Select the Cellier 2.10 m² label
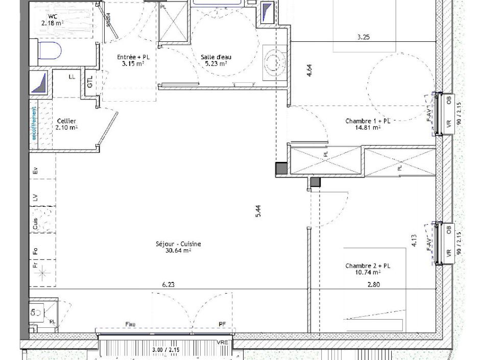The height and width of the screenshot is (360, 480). [x=66, y=124]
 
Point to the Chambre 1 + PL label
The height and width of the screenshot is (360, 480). [x=368, y=124]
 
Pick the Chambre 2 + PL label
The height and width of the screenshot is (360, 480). [x=368, y=269]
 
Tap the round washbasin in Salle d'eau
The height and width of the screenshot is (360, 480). [x=276, y=62]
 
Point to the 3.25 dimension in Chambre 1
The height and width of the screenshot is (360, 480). [x=363, y=37]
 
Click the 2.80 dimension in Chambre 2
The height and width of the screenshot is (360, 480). [x=373, y=285]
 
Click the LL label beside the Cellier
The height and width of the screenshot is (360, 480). [x=72, y=77]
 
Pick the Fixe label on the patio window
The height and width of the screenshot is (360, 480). [x=131, y=324]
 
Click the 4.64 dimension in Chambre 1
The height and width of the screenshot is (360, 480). [x=309, y=70]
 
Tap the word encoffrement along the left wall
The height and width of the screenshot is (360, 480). [x=34, y=123]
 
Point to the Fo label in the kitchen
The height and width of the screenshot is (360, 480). [x=35, y=251]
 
